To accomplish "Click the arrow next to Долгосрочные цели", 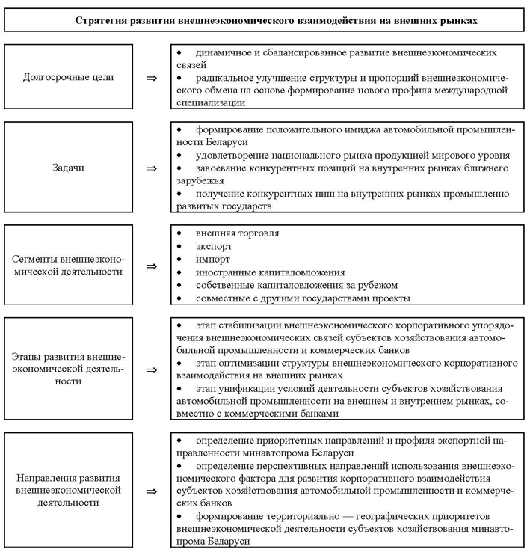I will pyautogui.click(x=151, y=77).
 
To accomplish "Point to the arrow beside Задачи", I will pyautogui.click(x=151, y=168).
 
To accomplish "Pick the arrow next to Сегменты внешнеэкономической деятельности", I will pyautogui.click(x=151, y=266).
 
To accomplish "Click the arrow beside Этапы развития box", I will pyautogui.click(x=151, y=369).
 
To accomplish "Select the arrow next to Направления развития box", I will pyautogui.click(x=151, y=491).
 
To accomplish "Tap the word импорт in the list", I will pyautogui.click(x=212, y=259).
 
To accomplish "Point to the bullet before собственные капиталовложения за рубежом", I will pyautogui.click(x=179, y=286).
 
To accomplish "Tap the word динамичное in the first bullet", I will pyautogui.click(x=225, y=54).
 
